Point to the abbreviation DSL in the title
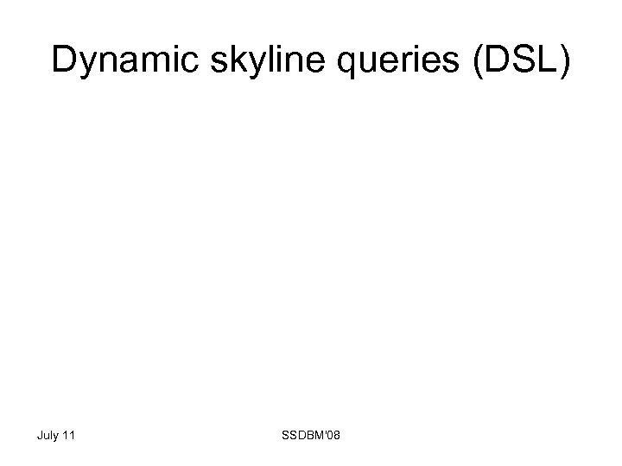(518, 60)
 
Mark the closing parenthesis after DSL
(564, 62)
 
